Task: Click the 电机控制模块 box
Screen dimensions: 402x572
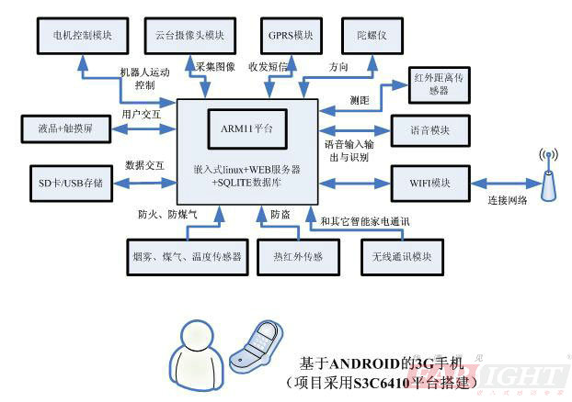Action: coord(82,34)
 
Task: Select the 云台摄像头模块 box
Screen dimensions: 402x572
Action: coord(190,34)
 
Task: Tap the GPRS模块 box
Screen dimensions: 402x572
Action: coord(291,34)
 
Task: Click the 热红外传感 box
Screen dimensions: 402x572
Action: coord(292,256)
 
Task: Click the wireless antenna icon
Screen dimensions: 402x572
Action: coord(546,176)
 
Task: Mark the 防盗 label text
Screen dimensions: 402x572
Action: coord(280,215)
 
